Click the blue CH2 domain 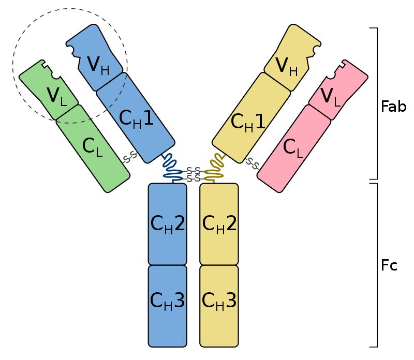(x=167, y=223)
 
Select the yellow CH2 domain (x=219, y=223)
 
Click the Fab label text (x=393, y=107)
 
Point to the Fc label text (x=389, y=266)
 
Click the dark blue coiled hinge (x=171, y=167)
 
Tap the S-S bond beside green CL (x=129, y=156)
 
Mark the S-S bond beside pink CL (x=253, y=163)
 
